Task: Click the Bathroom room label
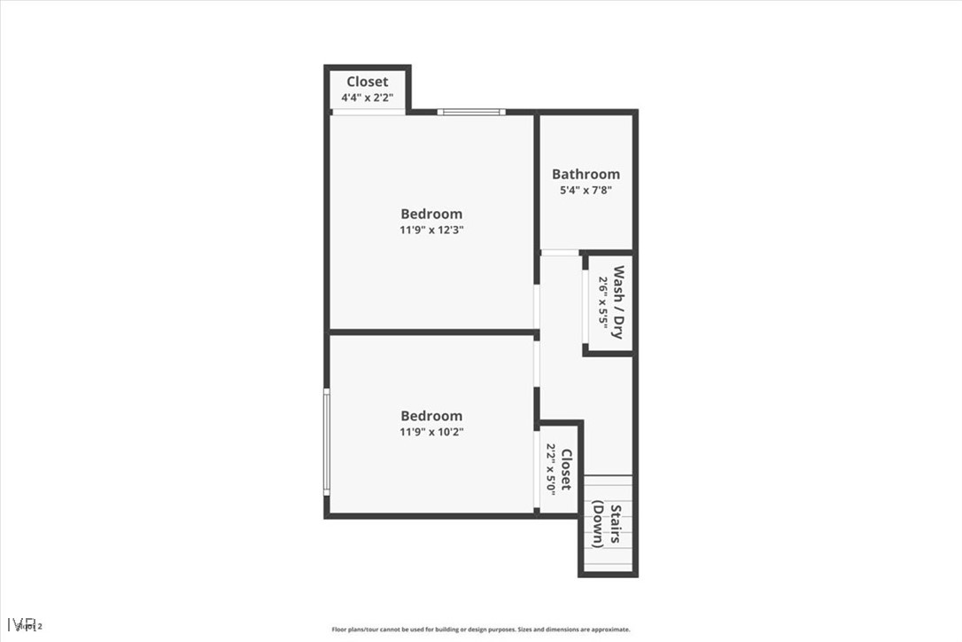586,174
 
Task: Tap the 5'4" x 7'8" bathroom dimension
586,190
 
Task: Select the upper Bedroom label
431,214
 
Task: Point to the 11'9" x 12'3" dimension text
431,230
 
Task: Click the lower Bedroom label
431,416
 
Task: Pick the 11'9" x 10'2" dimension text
431,432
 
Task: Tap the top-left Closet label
367,82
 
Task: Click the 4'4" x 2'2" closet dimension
367,98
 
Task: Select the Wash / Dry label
618,302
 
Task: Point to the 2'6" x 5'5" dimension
603,302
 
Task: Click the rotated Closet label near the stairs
566,469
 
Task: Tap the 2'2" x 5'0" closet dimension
551,469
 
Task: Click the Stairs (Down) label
607,525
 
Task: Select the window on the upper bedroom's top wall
471,112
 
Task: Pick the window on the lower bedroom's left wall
327,442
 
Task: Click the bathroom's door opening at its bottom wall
559,254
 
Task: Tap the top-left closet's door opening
368,112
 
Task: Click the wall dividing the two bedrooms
432,333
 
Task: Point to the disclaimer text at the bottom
481,630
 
